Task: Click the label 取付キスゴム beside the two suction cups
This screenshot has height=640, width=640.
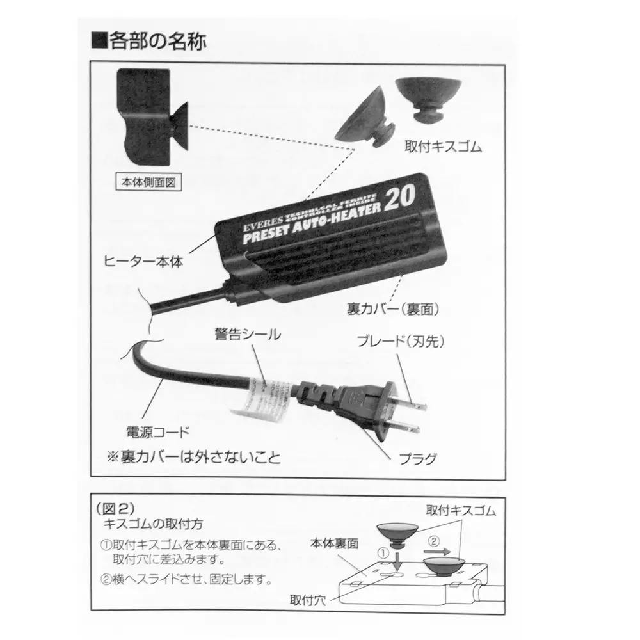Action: pos(444,147)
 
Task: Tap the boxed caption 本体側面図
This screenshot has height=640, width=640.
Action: pos(147,182)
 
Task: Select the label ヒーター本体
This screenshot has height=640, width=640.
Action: pos(143,262)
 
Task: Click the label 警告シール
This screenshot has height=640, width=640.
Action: pos(241,334)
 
